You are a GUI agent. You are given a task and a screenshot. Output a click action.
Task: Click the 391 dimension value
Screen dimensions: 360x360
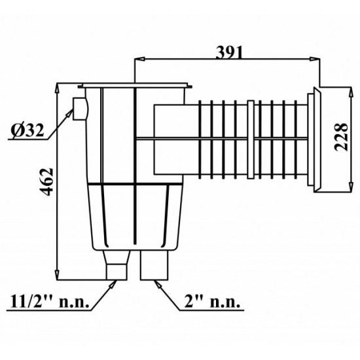[229, 52]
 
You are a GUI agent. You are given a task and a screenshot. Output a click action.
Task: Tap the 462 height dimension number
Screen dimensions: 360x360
[46, 183]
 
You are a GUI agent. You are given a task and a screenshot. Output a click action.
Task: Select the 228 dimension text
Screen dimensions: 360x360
[341, 137]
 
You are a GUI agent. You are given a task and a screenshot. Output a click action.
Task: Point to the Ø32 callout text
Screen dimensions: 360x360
[27, 131]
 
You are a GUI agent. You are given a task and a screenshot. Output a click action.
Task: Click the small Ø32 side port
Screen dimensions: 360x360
[81, 109]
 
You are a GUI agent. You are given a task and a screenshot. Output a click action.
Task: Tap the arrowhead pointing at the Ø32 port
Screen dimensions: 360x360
[69, 114]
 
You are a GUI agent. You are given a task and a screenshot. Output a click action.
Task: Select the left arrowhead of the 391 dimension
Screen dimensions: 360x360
[139, 59]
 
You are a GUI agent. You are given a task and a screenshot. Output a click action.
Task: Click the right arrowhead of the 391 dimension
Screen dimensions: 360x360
[315, 59]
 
